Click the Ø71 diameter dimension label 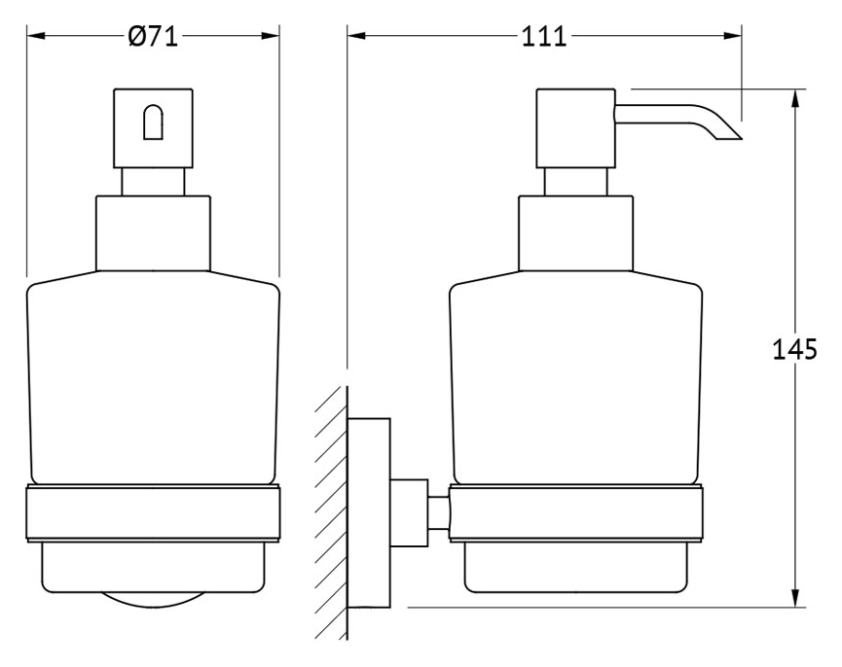(x=153, y=37)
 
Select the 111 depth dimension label (x=544, y=37)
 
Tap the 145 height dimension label (x=794, y=350)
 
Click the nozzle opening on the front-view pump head (x=153, y=122)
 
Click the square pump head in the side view (x=575, y=128)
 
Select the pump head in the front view (x=153, y=128)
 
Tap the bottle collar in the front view (x=153, y=233)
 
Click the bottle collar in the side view (x=575, y=233)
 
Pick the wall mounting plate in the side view (x=369, y=512)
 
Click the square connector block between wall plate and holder (x=409, y=512)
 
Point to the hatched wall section (x=331, y=512)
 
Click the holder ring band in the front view (x=153, y=513)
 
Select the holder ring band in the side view (x=575, y=513)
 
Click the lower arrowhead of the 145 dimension (x=795, y=598)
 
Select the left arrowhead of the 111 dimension (x=356, y=36)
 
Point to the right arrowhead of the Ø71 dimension (x=270, y=36)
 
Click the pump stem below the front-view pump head (x=153, y=182)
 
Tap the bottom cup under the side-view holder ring (x=575, y=569)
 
